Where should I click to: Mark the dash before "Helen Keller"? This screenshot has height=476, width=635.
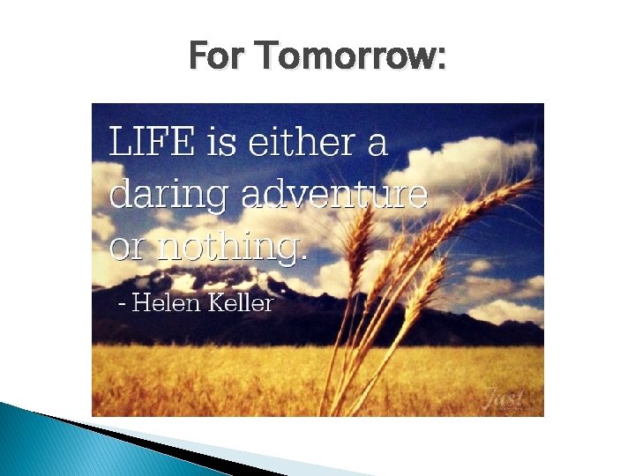pyautogui.click(x=123, y=306)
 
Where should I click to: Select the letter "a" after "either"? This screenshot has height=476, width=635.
pyautogui.click(x=377, y=144)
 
